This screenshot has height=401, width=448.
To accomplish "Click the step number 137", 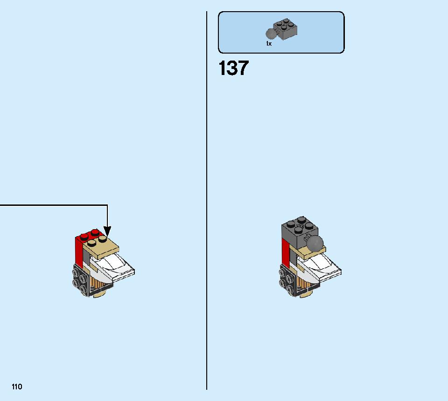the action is [x=233, y=68].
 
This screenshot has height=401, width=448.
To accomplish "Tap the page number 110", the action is [x=17, y=387].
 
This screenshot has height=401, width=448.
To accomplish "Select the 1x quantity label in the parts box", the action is [x=269, y=44].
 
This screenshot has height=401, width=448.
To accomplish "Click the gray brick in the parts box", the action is [x=285, y=29].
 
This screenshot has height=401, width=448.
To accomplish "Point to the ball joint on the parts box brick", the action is [x=271, y=34].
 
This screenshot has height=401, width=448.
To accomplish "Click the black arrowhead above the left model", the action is [x=107, y=231].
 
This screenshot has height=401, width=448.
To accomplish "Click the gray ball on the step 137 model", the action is [x=315, y=243].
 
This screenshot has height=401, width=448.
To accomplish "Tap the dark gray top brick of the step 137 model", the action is [x=300, y=231].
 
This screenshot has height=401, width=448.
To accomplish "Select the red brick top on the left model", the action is [x=89, y=235].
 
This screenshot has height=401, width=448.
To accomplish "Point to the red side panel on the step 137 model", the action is [x=286, y=254].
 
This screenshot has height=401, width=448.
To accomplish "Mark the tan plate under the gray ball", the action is [x=310, y=253].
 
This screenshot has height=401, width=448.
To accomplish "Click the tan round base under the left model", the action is [x=101, y=294].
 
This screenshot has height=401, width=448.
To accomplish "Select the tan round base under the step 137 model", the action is [x=307, y=294].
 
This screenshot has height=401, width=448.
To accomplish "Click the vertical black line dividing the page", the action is [x=207, y=200].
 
